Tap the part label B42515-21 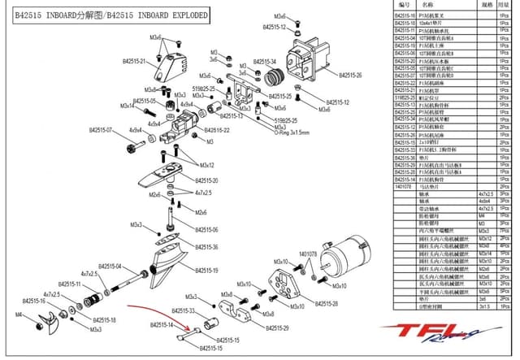point(133,61)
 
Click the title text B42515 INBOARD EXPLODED point(110,15)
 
